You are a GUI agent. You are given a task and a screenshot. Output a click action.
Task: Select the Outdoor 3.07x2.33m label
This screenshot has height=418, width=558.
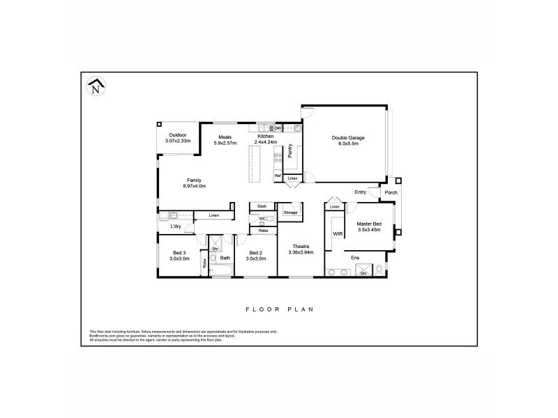coord(178,138)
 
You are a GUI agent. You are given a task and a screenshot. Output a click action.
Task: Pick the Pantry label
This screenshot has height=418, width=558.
coord(290,152)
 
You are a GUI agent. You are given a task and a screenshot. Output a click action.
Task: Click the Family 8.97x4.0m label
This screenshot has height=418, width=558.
coord(194,183)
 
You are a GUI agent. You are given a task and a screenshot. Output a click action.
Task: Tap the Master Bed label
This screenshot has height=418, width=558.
coord(368,226)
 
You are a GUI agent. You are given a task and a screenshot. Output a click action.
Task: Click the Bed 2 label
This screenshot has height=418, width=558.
coord(255,255)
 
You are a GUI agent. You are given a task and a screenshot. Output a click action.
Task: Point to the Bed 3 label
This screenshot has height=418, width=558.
coord(179,255)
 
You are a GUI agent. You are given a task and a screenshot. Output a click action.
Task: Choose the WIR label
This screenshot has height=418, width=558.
coord(337,234)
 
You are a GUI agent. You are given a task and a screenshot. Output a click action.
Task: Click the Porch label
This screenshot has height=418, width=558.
coord(391,193)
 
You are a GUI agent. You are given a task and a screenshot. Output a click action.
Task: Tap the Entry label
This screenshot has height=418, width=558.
coord(361,192)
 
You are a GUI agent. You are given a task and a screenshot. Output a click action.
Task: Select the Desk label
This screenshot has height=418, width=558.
coord(262,206)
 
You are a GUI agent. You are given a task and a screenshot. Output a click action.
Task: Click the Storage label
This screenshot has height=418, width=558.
coord(290,212)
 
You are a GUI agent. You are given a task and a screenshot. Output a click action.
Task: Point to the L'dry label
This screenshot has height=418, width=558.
coord(176,226)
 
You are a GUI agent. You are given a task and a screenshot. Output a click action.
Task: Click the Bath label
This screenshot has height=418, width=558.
coord(225,258)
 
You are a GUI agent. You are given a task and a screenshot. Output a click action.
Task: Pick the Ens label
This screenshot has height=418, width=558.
coord(354,256)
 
